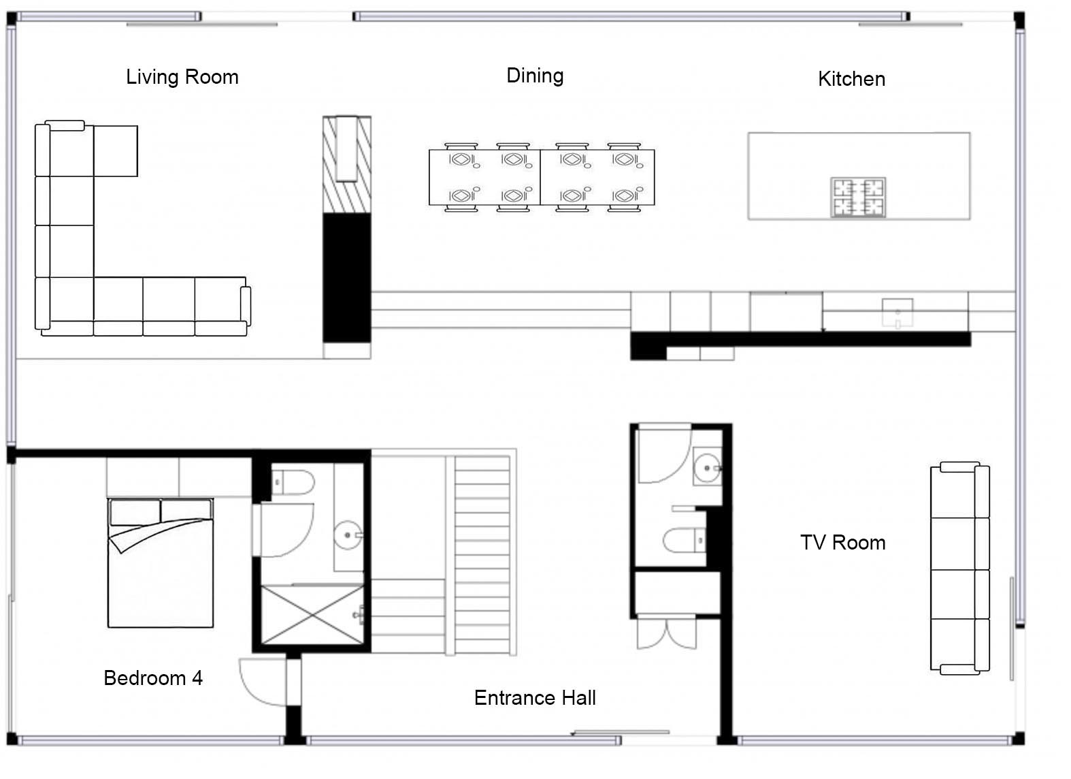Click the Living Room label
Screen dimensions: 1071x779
[182, 77]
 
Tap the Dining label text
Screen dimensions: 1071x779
[535, 76]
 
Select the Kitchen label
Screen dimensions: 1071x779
[851, 79]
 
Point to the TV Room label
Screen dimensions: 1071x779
[843, 543]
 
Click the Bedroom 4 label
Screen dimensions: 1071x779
[153, 678]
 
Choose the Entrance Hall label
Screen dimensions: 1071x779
[535, 698]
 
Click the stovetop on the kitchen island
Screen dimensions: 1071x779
[858, 197]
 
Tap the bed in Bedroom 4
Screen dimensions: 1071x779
[160, 562]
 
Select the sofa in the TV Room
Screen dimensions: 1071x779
[960, 568]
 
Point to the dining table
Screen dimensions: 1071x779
[542, 177]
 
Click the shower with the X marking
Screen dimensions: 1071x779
[312, 615]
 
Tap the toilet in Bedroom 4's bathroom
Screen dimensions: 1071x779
[293, 482]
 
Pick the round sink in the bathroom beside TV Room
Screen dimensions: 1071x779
[708, 468]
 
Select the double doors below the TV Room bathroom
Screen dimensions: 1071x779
[667, 633]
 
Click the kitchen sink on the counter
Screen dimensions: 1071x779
[897, 313]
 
